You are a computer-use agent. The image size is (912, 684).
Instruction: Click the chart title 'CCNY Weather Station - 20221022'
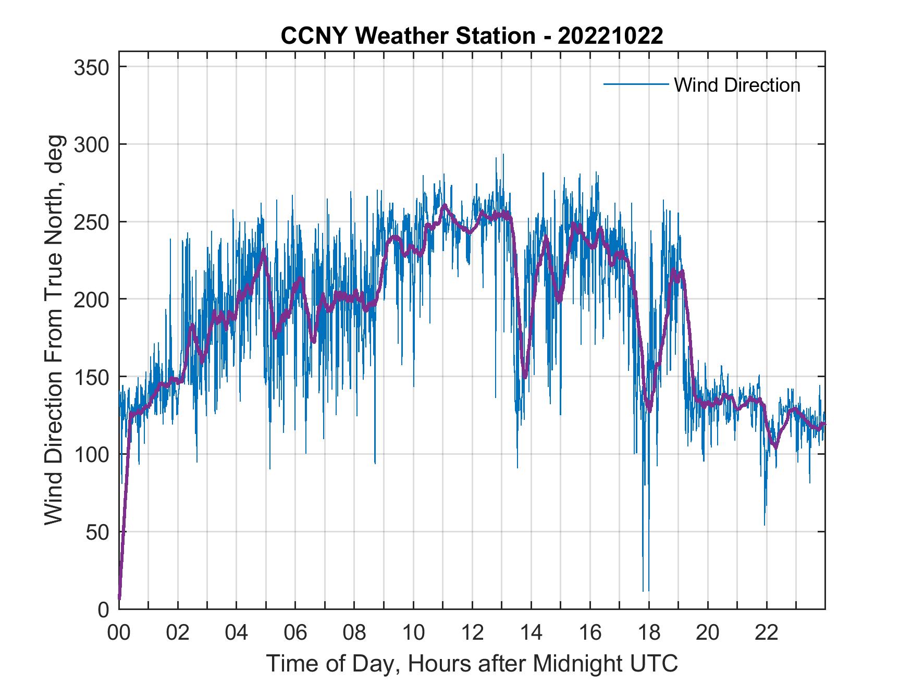pyautogui.click(x=472, y=36)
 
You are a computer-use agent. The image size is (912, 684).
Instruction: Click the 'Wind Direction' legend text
pyautogui.click(x=737, y=85)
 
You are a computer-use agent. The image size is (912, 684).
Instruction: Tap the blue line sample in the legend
pyautogui.click(x=635, y=84)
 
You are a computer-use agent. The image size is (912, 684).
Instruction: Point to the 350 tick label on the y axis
pyautogui.click(x=92, y=67)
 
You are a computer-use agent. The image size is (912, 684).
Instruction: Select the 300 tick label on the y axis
pyautogui.click(x=92, y=144)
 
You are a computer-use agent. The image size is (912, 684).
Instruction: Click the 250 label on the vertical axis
pyautogui.click(x=92, y=222)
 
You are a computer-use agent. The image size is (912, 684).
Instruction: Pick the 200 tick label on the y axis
pyautogui.click(x=92, y=299)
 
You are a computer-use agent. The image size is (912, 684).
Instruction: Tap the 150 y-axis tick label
pyautogui.click(x=92, y=377)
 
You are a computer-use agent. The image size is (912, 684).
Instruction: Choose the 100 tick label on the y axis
pyautogui.click(x=92, y=454)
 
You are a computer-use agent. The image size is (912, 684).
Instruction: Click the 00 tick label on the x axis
pyautogui.click(x=119, y=633)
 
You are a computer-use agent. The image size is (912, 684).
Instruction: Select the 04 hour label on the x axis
pyautogui.click(x=237, y=633)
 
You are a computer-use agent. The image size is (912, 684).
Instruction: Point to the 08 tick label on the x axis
pyautogui.click(x=354, y=633)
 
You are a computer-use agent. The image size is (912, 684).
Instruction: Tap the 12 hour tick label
pyautogui.click(x=472, y=633)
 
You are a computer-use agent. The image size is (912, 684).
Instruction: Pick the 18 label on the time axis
pyautogui.click(x=649, y=633)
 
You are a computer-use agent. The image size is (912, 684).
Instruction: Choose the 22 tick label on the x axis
pyautogui.click(x=767, y=633)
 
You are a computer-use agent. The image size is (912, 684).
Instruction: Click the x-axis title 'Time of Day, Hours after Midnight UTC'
pyautogui.click(x=472, y=663)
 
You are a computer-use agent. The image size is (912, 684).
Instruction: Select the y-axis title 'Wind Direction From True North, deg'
pyautogui.click(x=54, y=330)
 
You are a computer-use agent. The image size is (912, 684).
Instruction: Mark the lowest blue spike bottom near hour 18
pyautogui.click(x=643, y=591)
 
